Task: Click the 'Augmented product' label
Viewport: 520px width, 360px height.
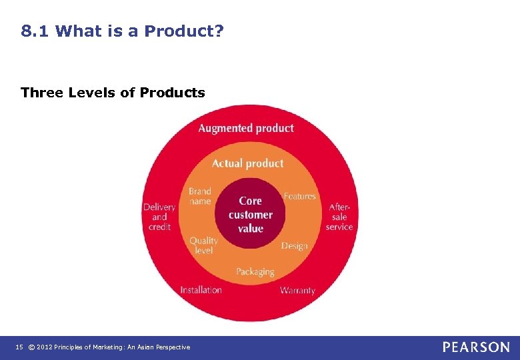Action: click(x=246, y=128)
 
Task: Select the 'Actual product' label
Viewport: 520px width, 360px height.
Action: click(x=247, y=163)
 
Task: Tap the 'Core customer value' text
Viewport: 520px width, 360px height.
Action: click(x=250, y=215)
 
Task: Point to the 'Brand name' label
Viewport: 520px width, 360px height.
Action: click(x=200, y=196)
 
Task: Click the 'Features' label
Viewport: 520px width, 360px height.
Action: click(x=300, y=196)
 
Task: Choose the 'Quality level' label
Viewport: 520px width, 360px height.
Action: click(x=203, y=245)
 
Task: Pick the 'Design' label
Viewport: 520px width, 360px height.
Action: click(x=295, y=245)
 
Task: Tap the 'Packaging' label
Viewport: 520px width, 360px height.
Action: click(x=255, y=271)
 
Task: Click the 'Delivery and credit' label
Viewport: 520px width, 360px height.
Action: click(x=159, y=217)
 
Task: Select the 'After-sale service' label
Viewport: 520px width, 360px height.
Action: click(x=339, y=217)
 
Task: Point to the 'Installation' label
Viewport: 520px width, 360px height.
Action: click(x=201, y=290)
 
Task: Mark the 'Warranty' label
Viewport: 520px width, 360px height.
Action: click(x=297, y=290)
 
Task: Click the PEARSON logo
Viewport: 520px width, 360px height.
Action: click(x=476, y=347)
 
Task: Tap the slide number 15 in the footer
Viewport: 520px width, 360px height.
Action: click(x=19, y=347)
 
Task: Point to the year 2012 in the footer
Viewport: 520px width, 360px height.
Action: click(x=45, y=347)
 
